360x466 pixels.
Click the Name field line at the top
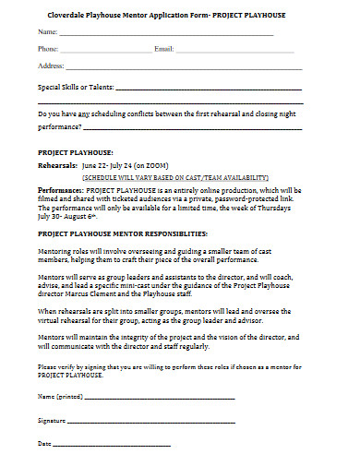(166, 34)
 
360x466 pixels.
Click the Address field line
(185, 68)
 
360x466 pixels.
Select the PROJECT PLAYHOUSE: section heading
(75, 150)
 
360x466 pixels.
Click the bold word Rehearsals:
(60, 166)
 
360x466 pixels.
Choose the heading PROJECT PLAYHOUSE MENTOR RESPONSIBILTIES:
(123, 233)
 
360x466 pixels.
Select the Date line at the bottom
(111, 445)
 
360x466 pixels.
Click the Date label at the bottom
(44, 444)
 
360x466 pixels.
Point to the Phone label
(48, 48)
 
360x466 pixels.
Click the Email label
(163, 48)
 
